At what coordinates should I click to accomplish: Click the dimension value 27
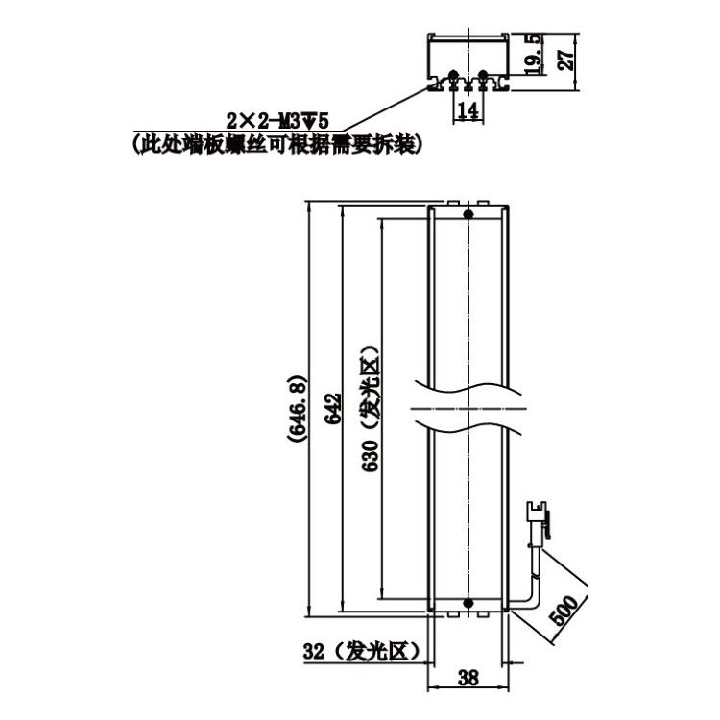(566, 58)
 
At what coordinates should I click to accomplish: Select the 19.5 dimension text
(533, 54)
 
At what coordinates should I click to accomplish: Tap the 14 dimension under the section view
(468, 111)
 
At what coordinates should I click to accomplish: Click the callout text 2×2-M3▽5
(277, 122)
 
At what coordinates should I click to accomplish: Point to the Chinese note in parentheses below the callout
(276, 144)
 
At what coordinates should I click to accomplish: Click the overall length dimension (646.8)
(297, 408)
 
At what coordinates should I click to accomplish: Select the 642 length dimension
(333, 408)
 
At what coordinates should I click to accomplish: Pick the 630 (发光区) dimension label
(371, 408)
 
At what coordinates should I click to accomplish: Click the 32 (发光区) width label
(361, 651)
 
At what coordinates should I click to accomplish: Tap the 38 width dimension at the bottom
(468, 678)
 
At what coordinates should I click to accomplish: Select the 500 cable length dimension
(564, 610)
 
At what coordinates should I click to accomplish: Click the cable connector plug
(538, 519)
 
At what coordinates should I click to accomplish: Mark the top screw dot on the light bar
(468, 213)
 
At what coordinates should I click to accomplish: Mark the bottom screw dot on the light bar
(468, 603)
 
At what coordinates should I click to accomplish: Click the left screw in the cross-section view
(453, 74)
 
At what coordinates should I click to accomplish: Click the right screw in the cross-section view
(483, 74)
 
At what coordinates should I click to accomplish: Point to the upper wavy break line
(468, 388)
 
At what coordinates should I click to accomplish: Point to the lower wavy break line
(468, 426)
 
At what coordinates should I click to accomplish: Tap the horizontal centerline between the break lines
(468, 408)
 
